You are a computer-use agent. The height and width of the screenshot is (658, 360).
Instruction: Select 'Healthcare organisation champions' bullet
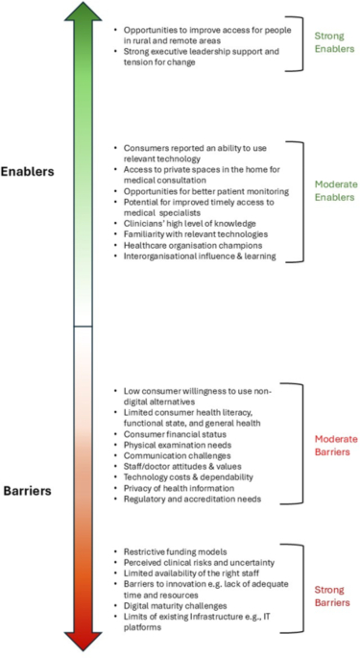point(191,245)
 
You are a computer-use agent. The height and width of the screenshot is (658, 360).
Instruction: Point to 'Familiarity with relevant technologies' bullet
point(197,233)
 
